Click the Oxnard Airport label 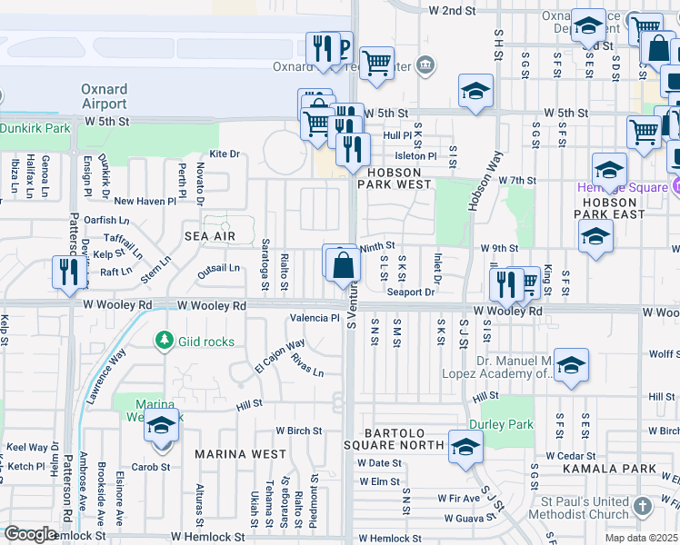(104, 97)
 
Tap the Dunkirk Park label (35, 129)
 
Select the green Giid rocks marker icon (165, 341)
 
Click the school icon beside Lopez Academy (570, 365)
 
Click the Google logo (30, 534)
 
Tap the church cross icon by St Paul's (643, 506)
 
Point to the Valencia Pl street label (314, 319)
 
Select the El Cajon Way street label (279, 356)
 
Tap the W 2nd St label (451, 10)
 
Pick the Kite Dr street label (224, 154)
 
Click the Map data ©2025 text (640, 538)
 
